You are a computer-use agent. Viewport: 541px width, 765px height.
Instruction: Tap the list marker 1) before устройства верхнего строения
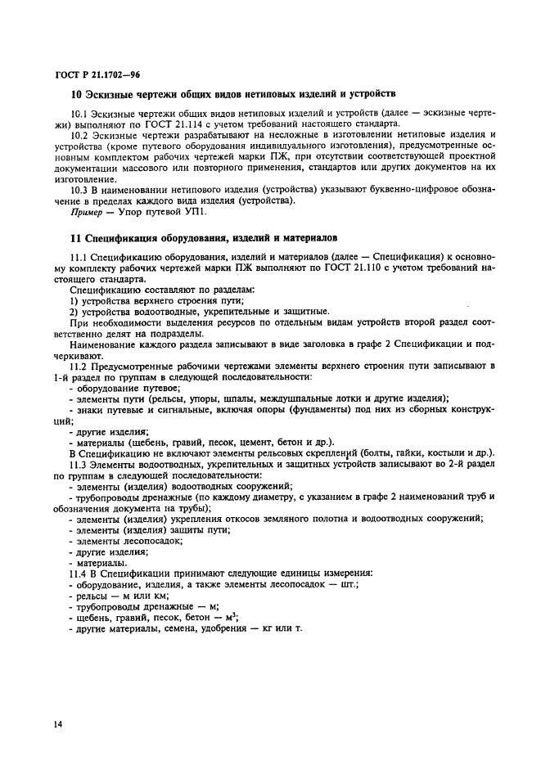(x=74, y=301)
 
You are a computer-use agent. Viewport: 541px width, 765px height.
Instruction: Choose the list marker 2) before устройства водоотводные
(x=74, y=312)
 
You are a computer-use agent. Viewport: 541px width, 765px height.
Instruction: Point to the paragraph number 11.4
(x=79, y=572)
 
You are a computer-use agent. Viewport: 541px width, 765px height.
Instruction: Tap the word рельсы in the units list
(x=92, y=595)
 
